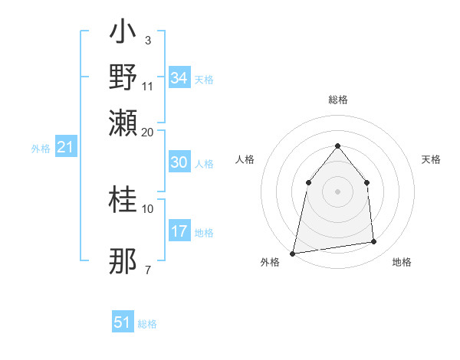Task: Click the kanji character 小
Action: (123, 34)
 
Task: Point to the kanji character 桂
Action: (123, 201)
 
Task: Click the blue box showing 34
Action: (179, 78)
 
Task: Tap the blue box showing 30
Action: (179, 162)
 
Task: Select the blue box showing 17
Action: (179, 231)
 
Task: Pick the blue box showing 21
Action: (65, 147)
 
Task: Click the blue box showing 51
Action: (123, 322)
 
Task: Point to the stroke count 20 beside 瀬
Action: (148, 132)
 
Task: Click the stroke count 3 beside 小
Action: (147, 41)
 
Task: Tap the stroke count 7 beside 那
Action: (147, 270)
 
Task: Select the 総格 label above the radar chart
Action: (338, 100)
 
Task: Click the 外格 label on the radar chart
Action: (270, 263)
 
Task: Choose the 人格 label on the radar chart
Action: (245, 159)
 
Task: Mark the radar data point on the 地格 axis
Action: (374, 242)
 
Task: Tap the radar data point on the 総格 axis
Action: (338, 146)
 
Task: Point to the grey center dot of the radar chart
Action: (338, 191)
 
